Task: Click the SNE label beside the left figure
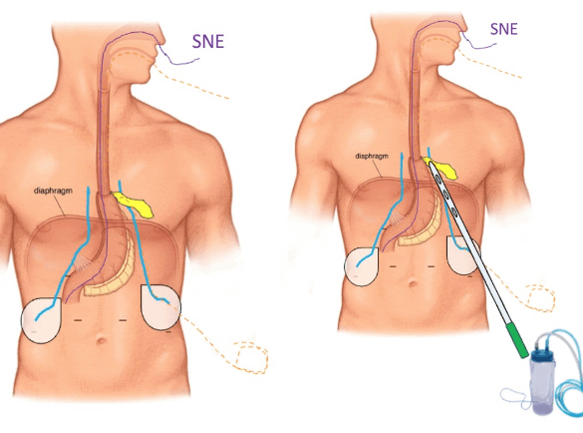pyautogui.click(x=208, y=42)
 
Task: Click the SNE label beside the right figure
pyautogui.click(x=504, y=29)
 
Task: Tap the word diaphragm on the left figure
pyautogui.click(x=53, y=191)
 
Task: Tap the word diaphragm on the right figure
pyautogui.click(x=372, y=156)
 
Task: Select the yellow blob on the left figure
pyautogui.click(x=134, y=204)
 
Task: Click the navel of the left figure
pyautogui.click(x=101, y=340)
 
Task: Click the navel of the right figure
pyautogui.click(x=413, y=283)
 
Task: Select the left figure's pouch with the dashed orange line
pyautogui.click(x=160, y=306)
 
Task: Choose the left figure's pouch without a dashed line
pyautogui.click(x=41, y=320)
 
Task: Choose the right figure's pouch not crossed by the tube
pyautogui.click(x=362, y=266)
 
